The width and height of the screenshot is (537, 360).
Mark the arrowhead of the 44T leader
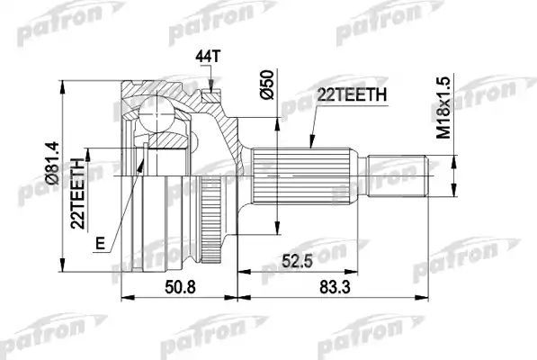(210, 87)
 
